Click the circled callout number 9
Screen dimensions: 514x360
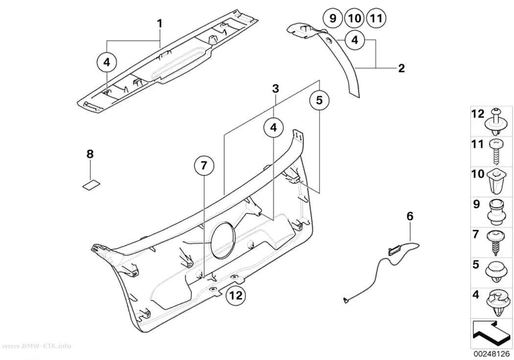point(332,18)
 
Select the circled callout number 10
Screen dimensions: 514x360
point(354,18)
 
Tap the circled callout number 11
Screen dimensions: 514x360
point(376,18)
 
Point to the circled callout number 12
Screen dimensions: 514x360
point(235,295)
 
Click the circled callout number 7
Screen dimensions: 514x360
point(204,166)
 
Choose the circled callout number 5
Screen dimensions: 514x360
point(319,99)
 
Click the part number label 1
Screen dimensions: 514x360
point(160,24)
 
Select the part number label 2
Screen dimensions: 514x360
point(401,68)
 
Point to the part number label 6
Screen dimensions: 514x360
point(410,216)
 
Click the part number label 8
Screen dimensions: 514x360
point(90,154)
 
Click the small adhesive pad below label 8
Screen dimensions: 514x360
point(91,186)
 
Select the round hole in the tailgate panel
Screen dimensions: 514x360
point(223,239)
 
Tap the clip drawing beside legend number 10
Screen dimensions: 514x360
point(495,183)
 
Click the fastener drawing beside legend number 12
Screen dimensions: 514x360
point(495,121)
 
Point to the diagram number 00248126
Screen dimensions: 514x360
point(491,354)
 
